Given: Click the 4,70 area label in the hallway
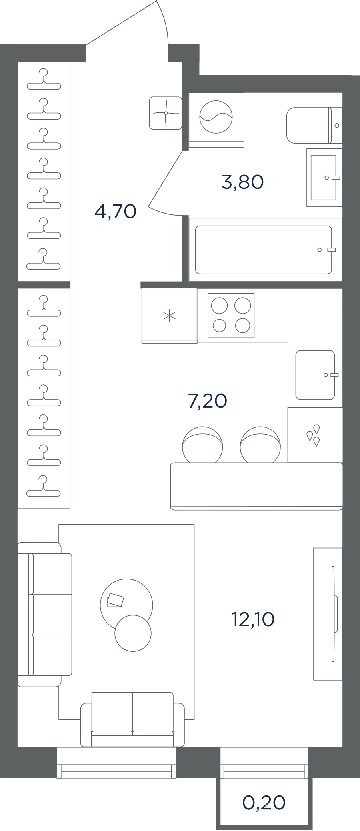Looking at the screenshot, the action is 116,211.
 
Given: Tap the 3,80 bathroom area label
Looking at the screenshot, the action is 242,182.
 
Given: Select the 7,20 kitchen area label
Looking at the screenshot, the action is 208,401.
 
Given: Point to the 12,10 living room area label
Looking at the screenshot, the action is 253,619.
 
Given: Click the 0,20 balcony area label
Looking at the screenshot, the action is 264,802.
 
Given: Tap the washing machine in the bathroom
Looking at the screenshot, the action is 216,120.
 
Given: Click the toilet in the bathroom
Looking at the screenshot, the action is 314,125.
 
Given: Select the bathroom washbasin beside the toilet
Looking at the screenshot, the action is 324,178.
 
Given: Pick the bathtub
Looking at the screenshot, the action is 264,250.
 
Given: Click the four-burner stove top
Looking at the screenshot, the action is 231,315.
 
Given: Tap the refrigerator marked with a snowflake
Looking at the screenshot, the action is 170,316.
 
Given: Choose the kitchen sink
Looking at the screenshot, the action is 316,375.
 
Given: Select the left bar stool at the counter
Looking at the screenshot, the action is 202,445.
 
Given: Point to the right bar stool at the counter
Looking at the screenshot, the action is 260,445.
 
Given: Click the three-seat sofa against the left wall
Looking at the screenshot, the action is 45,615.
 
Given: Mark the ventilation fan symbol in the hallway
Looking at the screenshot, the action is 166,113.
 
